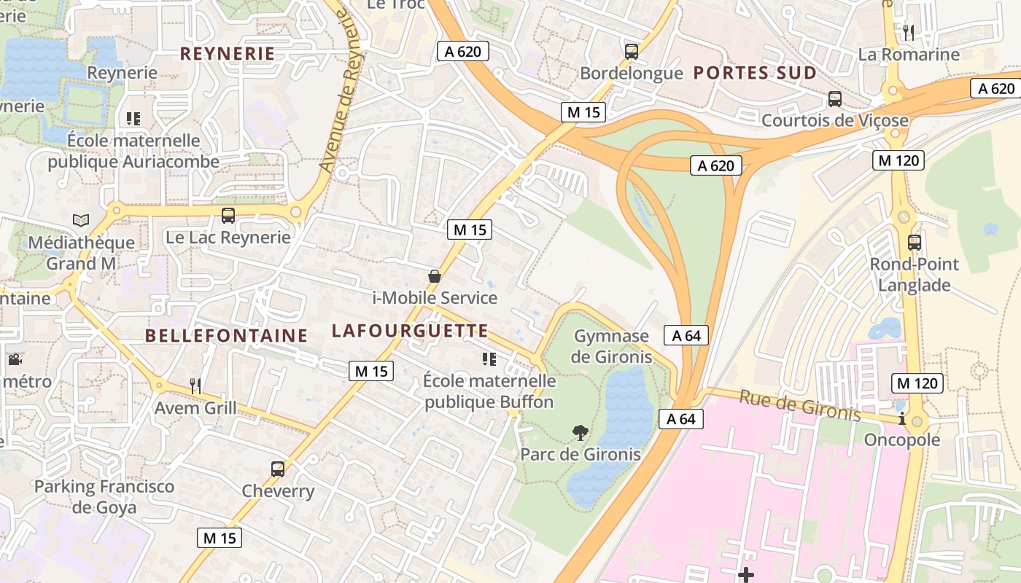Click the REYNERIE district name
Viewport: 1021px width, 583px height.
point(227,53)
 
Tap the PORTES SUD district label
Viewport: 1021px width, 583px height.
point(754,73)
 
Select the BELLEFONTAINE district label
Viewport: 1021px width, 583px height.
point(226,335)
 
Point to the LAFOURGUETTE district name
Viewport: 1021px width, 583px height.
point(410,330)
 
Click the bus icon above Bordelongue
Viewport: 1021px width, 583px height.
point(632,52)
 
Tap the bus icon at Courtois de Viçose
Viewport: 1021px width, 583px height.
point(834,99)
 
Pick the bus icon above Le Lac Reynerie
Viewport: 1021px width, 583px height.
point(228,216)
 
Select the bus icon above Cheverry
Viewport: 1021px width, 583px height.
point(278,469)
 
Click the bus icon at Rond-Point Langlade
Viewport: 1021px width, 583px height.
point(915,243)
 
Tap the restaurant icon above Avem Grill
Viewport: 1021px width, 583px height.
point(195,386)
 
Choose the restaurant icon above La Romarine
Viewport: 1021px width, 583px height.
point(909,33)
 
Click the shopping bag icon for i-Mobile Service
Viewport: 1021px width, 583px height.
point(435,276)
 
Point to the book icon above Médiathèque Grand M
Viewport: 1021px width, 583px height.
point(81,220)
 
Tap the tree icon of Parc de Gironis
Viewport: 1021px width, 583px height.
point(581,433)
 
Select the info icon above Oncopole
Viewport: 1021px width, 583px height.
point(903,418)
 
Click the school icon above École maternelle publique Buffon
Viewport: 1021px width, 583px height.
point(489,359)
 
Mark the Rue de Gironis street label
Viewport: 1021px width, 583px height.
point(800,405)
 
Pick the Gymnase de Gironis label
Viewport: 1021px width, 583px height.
point(611,346)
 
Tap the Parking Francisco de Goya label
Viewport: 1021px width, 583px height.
point(105,496)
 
